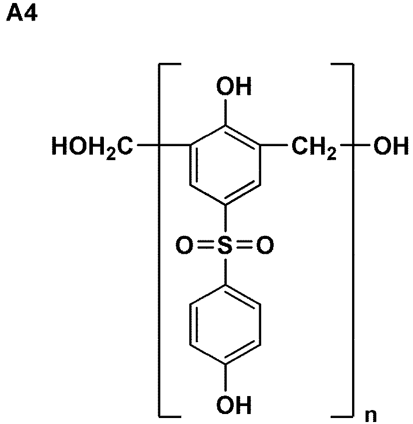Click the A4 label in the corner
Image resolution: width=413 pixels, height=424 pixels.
coord(21,13)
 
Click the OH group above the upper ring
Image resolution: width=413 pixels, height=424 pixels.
coord(234,86)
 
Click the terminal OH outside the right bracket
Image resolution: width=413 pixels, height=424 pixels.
coord(391,146)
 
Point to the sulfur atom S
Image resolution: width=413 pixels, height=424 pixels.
coord(225,245)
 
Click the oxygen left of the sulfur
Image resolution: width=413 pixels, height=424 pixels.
coord(185,245)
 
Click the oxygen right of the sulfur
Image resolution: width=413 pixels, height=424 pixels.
coord(265,245)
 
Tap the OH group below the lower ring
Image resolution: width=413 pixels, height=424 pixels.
coord(234,405)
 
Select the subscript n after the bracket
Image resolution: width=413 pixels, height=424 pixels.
coord(371,416)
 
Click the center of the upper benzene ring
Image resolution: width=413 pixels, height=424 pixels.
coord(225,165)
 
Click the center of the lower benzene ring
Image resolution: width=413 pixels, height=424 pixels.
coord(225,325)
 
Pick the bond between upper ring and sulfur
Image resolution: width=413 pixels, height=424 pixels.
coord(225,218)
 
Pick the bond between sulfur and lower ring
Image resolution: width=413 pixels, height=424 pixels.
coord(225,271)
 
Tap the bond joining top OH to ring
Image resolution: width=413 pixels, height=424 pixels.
coord(225,112)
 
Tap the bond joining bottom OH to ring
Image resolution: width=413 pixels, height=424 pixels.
coord(225,378)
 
